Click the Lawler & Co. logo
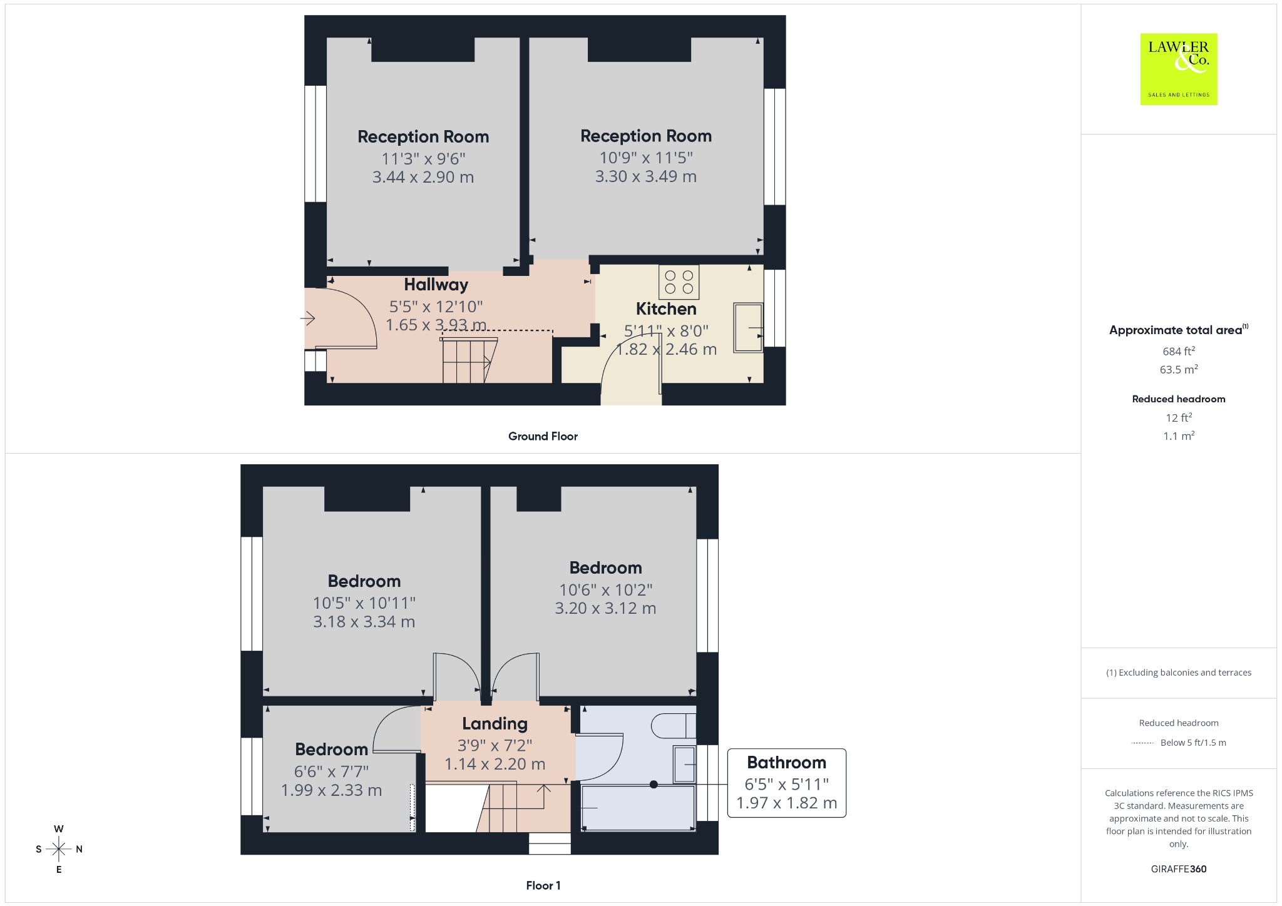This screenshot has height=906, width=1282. coord(1179,69)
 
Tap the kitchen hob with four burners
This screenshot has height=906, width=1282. coord(679,282)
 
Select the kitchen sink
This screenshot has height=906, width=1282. coord(748,328)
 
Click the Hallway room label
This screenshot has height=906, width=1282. coord(436,285)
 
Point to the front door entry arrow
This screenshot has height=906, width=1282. coord(307,318)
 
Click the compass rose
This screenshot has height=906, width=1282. coord(59,849)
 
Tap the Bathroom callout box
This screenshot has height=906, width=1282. coord(786,783)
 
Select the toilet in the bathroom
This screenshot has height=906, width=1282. coord(674,726)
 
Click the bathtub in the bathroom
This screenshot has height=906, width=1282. coord(638,808)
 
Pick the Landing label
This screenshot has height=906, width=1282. coord(495,724)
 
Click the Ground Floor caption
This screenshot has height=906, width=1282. coord(543,436)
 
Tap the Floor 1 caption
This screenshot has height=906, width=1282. coord(543,885)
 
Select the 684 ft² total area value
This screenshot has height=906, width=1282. coord(1179,351)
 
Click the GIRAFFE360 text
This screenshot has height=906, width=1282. coord(1179,868)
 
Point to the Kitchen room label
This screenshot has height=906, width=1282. coord(666,309)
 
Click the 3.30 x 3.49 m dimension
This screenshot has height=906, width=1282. coord(646,176)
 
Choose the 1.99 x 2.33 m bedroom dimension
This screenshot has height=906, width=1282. coord(331,790)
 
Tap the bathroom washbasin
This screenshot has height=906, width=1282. coord(684,764)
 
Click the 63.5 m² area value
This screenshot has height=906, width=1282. coord(1179,369)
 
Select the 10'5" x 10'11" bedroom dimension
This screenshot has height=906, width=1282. coord(364,603)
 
